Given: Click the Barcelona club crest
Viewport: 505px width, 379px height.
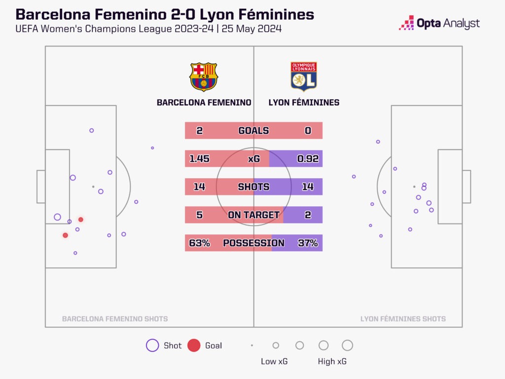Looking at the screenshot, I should (x=203, y=76).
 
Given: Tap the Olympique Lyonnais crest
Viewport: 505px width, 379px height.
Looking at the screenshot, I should (x=303, y=76).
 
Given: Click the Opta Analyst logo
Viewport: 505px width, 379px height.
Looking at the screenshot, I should (x=439, y=23).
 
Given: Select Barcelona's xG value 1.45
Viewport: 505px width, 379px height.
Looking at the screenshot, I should (x=199, y=159).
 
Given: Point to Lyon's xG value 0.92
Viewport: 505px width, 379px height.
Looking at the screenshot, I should (x=308, y=159).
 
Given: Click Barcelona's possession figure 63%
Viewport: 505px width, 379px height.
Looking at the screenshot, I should (x=199, y=243).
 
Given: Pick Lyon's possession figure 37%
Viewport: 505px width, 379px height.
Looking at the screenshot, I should (x=308, y=243).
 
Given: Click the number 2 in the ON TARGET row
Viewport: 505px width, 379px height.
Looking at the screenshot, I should (x=308, y=215).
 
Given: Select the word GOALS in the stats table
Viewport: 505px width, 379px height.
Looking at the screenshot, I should (x=253, y=131).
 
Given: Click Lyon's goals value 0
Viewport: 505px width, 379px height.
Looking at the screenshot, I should (x=308, y=131).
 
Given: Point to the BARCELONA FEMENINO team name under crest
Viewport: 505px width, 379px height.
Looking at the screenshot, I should (x=204, y=103).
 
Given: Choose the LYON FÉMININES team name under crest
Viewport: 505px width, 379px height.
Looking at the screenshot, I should (x=304, y=103).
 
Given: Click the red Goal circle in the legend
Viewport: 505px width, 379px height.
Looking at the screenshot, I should (x=194, y=345).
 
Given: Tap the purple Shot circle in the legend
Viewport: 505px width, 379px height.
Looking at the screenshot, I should (x=152, y=345).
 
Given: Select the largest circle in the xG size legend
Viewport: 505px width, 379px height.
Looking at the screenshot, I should (x=347, y=345).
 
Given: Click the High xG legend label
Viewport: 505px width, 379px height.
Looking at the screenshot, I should (x=332, y=362).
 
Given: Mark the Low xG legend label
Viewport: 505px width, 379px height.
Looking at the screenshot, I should (x=274, y=362).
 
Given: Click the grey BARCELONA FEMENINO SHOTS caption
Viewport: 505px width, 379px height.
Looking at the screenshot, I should (x=115, y=319).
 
